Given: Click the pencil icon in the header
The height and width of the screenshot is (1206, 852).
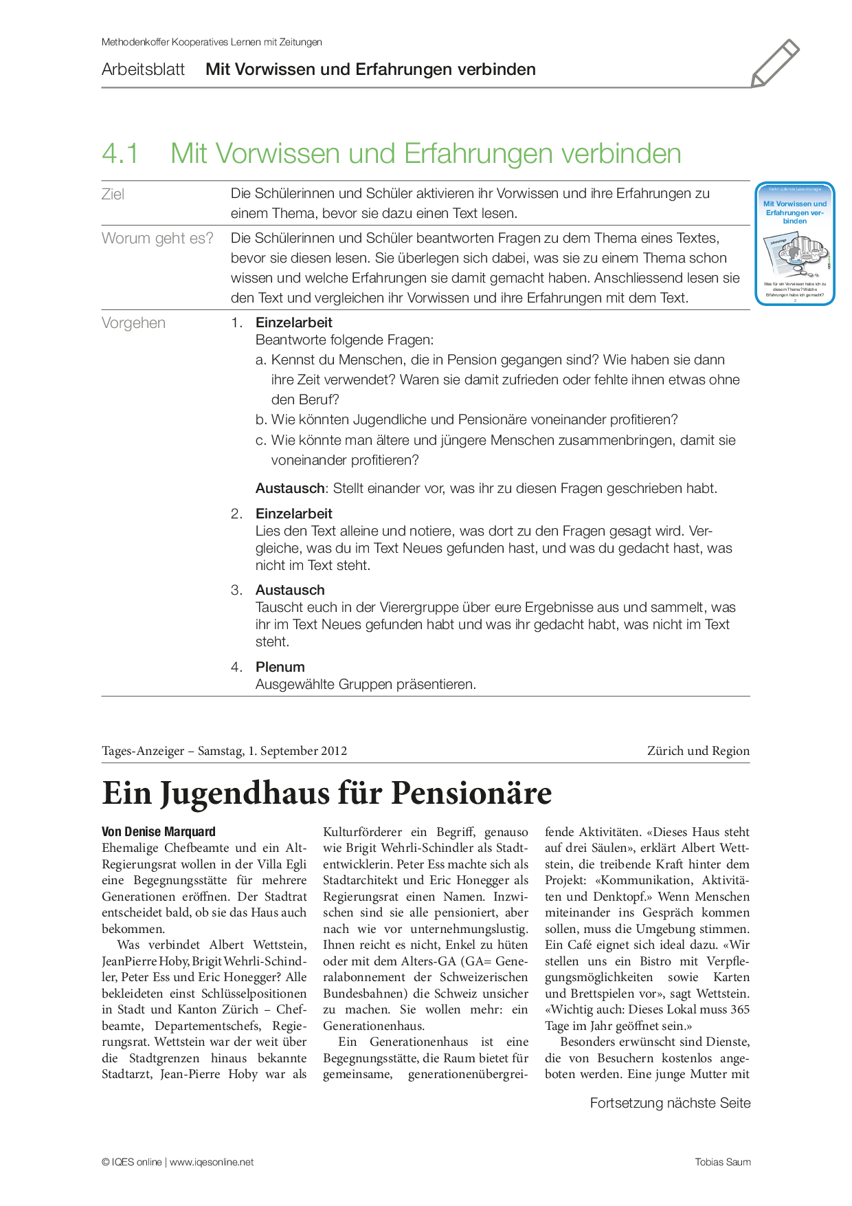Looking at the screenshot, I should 775,63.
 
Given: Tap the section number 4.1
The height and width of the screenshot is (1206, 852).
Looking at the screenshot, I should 120,153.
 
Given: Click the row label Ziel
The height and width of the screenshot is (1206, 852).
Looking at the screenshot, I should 113,195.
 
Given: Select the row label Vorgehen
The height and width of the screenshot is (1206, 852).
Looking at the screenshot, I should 133,323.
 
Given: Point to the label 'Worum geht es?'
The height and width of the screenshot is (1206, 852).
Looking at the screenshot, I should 157,239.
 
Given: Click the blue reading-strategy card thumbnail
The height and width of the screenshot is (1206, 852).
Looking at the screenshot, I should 795,244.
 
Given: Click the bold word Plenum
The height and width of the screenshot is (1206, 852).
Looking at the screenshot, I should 280,667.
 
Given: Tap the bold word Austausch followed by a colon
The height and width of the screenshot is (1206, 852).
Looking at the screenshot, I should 291,489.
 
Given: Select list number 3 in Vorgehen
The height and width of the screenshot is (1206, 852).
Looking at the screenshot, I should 236,590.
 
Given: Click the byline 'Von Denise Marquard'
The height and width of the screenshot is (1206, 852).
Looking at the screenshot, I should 159,832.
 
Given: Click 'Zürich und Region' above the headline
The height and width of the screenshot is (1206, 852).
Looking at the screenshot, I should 698,751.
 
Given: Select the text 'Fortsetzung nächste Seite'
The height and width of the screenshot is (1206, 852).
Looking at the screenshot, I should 670,1104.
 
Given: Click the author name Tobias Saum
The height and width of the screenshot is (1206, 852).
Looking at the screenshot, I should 723,1162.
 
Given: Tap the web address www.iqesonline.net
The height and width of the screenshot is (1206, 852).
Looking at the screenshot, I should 212,1162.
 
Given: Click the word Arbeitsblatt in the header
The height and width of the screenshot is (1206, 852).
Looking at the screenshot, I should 143,69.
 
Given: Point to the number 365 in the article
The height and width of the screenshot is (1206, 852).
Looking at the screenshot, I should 740,1009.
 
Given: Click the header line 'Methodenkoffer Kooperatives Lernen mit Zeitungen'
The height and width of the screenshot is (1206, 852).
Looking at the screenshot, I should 212,42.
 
